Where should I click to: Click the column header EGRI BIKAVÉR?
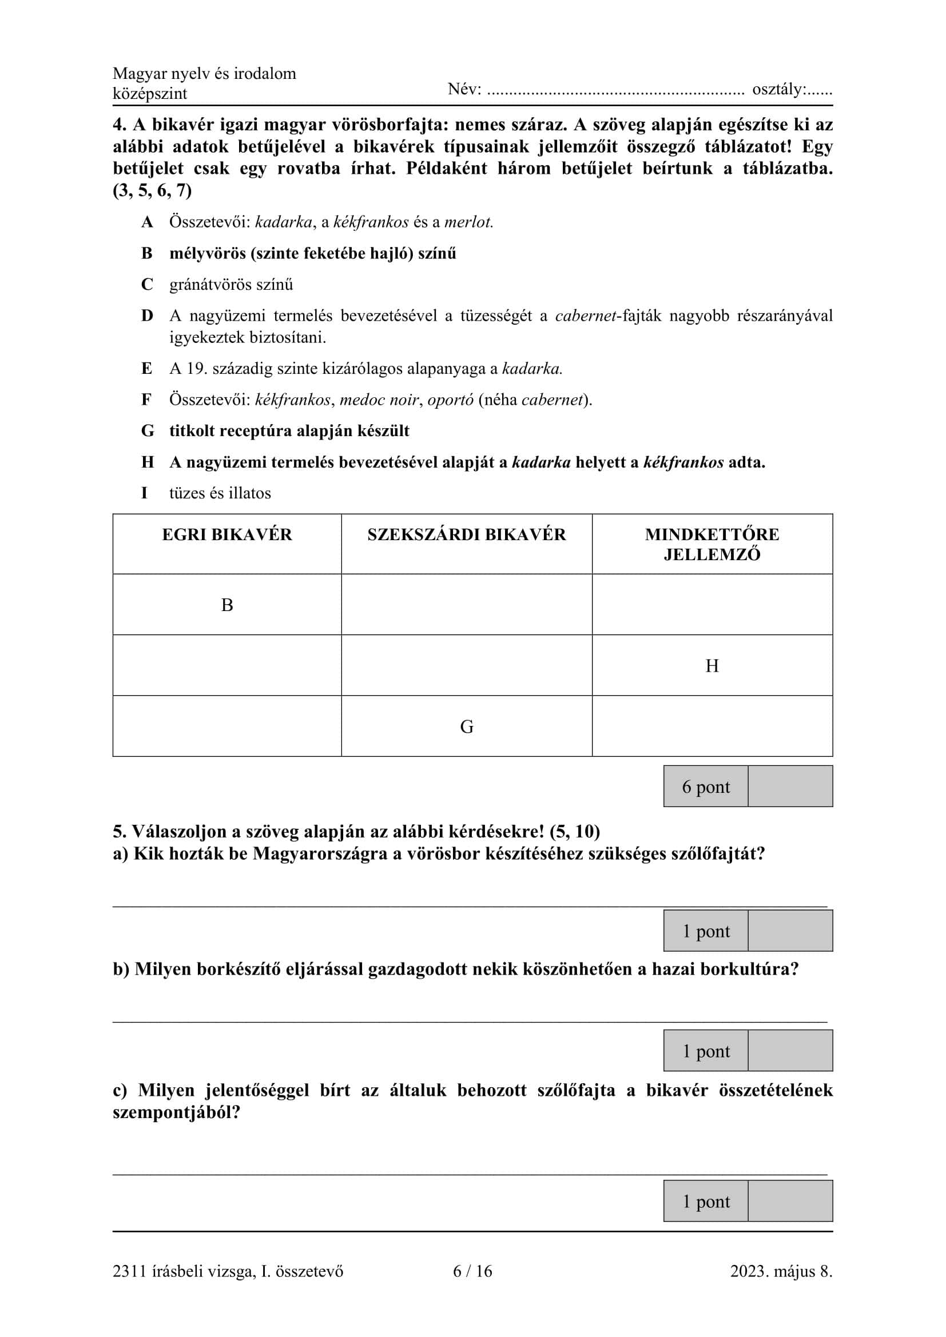[x=226, y=534]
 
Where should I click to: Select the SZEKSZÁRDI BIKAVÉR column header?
[x=466, y=534]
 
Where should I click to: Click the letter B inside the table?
[x=226, y=605]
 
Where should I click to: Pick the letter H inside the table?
[x=712, y=665]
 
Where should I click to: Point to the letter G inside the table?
[x=467, y=727]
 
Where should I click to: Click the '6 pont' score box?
[x=705, y=787]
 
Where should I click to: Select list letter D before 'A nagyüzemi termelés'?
[x=147, y=316]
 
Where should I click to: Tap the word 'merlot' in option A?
[x=468, y=222]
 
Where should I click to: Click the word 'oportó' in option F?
[x=450, y=400]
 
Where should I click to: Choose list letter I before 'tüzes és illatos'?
[x=145, y=493]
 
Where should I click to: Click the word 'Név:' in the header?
[x=464, y=89]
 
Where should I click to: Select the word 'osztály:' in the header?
[x=779, y=89]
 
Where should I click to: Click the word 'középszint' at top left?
[x=150, y=94]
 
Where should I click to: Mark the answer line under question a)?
[x=470, y=906]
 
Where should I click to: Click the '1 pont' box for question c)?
[x=705, y=1201]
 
